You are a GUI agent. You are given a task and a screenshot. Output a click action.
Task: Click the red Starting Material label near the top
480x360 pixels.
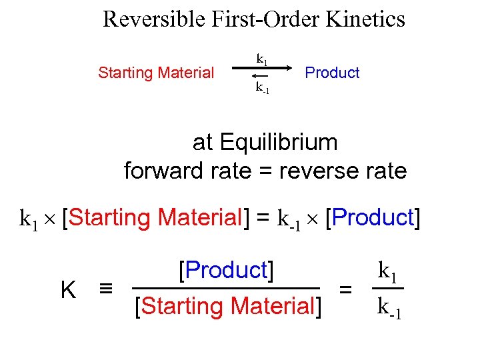tap(156, 73)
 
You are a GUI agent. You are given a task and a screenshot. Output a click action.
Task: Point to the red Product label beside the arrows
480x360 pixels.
tap(332, 73)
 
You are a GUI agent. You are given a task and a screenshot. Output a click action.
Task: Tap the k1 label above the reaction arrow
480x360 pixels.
tap(262, 59)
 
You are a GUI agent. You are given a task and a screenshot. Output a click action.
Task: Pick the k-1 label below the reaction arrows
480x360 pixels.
tap(262, 87)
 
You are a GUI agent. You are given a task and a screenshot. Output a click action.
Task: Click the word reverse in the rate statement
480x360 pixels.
tap(314, 171)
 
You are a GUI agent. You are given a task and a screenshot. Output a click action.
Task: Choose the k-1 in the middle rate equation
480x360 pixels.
tap(289, 219)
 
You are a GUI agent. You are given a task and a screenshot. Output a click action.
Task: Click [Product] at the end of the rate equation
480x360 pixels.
tap(372, 217)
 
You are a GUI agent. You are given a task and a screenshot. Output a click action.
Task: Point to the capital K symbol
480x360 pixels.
tap(67, 289)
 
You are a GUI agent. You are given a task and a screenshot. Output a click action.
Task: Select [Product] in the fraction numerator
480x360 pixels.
tap(226, 270)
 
